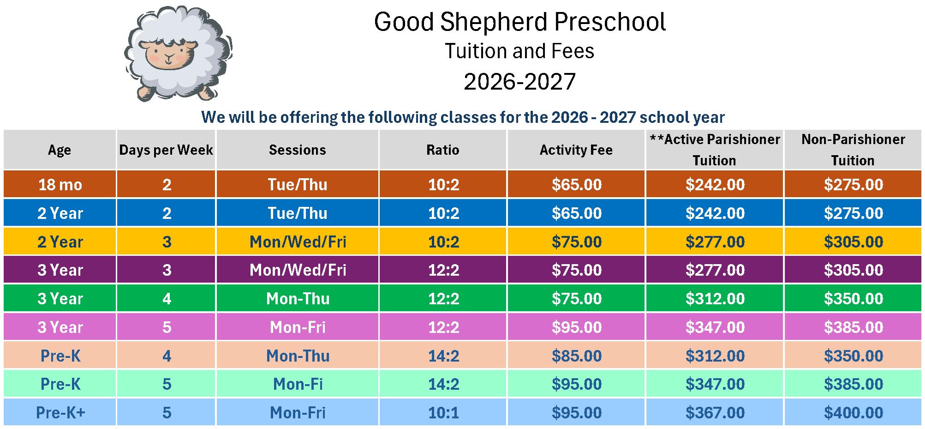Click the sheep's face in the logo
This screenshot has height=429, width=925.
[x=169, y=54]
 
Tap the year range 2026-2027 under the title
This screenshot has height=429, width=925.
[x=519, y=82]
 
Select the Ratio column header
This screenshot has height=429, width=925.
[x=442, y=150]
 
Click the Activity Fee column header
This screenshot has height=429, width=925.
[x=576, y=150]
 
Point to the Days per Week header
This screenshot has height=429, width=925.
[x=166, y=150]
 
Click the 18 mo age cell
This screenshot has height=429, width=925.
[x=60, y=185]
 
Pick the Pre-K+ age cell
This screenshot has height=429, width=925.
[x=60, y=412]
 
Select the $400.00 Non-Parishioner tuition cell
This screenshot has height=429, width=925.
[x=853, y=412]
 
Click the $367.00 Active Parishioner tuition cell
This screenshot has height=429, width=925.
[x=715, y=412]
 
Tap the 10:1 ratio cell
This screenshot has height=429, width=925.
[x=443, y=412]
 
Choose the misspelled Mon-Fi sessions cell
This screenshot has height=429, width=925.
[x=298, y=384]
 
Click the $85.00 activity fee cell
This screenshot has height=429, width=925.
[x=576, y=356]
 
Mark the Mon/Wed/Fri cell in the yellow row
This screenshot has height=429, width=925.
[x=298, y=242]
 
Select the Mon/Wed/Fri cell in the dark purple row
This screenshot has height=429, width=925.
[x=298, y=270]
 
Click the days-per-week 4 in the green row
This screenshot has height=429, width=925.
[x=167, y=299]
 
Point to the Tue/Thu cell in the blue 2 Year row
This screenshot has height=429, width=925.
[x=298, y=213]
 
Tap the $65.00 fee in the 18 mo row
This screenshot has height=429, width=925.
[x=576, y=185]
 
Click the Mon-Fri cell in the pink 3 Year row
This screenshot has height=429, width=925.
[x=298, y=327]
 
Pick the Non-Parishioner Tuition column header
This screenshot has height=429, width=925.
[x=853, y=150]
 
